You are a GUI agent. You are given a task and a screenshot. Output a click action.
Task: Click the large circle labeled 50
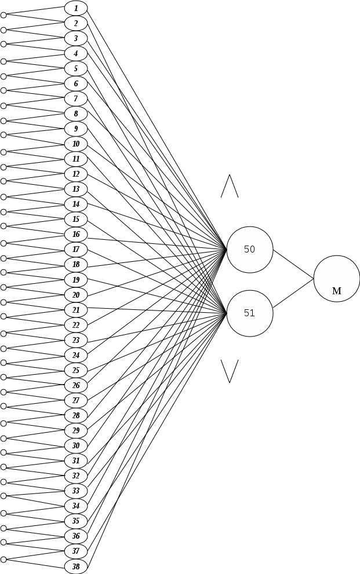[x=249, y=250]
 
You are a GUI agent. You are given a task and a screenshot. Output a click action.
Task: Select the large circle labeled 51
[x=249, y=313]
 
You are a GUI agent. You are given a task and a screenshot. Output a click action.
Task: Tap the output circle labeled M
[x=336, y=279]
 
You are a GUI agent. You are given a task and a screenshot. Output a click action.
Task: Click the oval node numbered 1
[x=75, y=8]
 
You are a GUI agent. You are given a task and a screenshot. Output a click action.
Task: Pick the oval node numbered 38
[x=75, y=566]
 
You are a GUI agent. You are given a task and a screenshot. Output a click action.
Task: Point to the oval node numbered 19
[x=75, y=280]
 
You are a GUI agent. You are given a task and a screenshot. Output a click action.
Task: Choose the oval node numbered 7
[x=75, y=98]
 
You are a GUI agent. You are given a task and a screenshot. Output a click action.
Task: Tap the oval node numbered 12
[x=75, y=174]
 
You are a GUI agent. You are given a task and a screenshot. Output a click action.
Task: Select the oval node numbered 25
[x=75, y=370]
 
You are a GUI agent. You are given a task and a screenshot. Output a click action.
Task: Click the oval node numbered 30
[x=75, y=445]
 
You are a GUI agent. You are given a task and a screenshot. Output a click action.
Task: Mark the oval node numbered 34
[x=75, y=506]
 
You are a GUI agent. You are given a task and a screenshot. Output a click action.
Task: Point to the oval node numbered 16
[x=75, y=235]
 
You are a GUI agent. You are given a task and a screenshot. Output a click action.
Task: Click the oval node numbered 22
[x=75, y=325]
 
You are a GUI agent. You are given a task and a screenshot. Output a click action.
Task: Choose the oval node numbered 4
[x=75, y=53]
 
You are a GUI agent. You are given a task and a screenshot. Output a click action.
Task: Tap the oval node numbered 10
[x=75, y=144]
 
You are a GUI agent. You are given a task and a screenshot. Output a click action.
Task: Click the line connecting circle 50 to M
[x=293, y=265]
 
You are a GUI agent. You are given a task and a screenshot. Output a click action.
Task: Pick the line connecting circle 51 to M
[x=293, y=293]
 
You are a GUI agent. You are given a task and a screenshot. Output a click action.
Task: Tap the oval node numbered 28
[x=75, y=415]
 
